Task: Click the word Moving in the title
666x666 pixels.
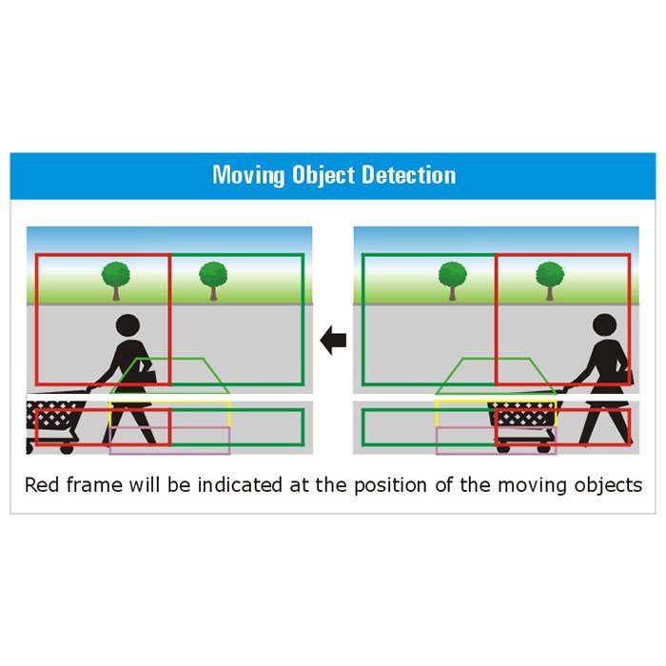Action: coord(248,175)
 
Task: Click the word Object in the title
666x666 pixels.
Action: coord(323,175)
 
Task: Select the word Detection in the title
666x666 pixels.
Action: coord(408,174)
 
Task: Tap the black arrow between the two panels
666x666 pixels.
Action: coord(333,340)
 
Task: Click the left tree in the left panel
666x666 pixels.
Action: coord(116,281)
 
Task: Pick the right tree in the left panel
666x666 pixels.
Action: coord(213,281)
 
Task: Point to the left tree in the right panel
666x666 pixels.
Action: coord(453,281)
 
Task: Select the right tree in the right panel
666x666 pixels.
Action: coord(550,281)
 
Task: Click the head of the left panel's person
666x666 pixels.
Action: coord(127,326)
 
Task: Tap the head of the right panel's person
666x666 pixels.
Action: coord(605,325)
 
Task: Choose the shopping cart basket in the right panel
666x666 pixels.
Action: coord(523,413)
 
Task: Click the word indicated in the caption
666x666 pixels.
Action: coord(240,484)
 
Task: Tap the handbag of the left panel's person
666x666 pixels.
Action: coord(147,373)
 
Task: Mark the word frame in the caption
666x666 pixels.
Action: coord(94,484)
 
